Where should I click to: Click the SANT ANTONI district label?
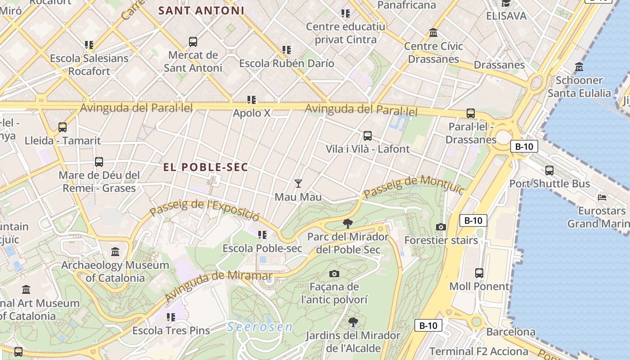pos(202,10)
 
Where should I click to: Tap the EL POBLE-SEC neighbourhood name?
pos(206,167)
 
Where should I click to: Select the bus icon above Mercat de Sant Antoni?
pos(193,42)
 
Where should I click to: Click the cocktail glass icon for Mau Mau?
pos(298,183)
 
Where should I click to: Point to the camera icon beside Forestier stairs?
pos(441,227)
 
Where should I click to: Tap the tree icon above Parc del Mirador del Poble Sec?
pos(347,223)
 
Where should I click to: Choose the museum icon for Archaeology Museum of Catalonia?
pos(115,252)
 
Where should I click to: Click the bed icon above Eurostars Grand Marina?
pos(602,197)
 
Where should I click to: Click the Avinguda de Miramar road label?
pos(218,286)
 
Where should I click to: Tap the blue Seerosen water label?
pos(260,327)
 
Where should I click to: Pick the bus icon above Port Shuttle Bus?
pos(549,170)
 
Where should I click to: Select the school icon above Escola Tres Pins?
pos(171,317)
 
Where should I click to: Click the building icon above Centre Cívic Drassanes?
pos(433,32)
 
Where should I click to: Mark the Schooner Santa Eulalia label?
pos(579,87)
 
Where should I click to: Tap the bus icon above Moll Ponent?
pos(479,273)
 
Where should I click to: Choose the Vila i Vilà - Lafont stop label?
pos(368,149)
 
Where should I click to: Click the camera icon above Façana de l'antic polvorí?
pos(334,274)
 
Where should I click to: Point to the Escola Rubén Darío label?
pos(287,63)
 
